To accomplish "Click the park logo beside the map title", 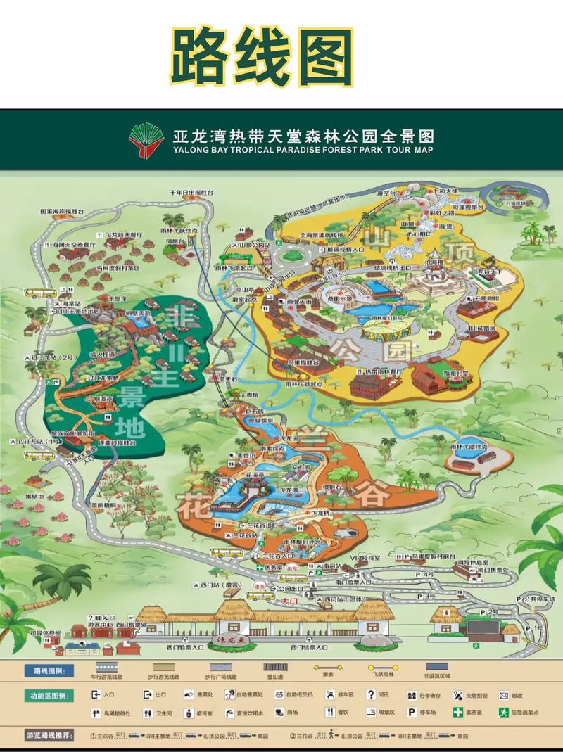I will click(x=146, y=140).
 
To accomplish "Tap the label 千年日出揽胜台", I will click(x=191, y=192).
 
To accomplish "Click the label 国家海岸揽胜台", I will click(x=62, y=211).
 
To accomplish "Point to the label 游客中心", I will click(x=100, y=624).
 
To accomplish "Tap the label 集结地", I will click(x=34, y=496).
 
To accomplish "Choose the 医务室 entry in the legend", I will click(x=476, y=713).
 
